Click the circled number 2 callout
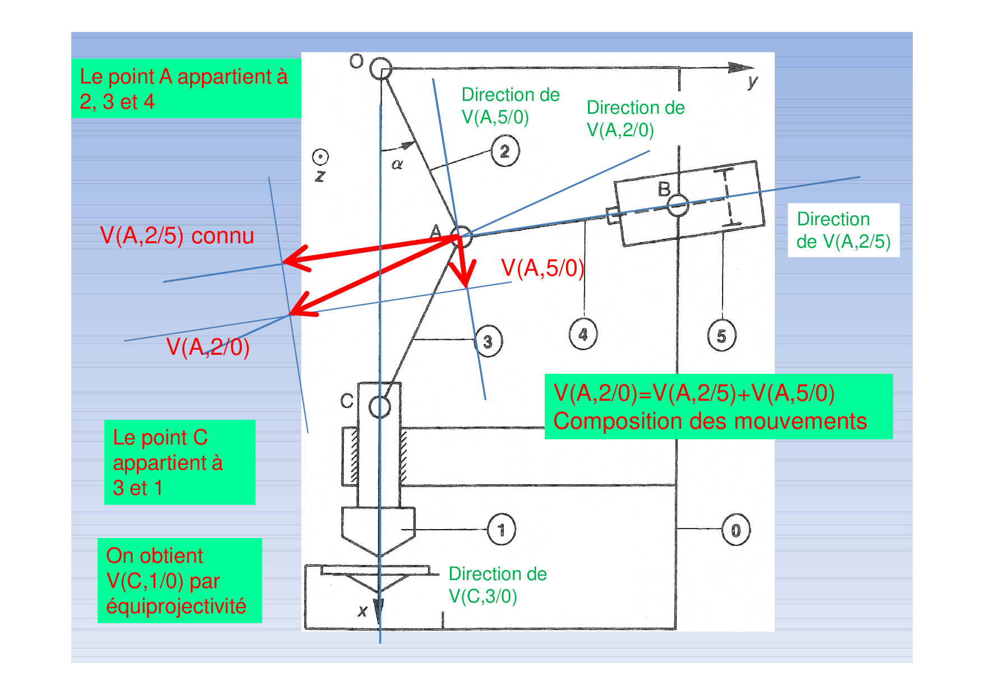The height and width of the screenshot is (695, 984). pos(505,151)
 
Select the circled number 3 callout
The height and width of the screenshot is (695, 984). pos(488,341)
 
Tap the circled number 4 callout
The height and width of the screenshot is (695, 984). pos(583,334)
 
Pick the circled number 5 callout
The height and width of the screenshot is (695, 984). pos(721,335)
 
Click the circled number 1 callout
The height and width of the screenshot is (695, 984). pos(501,529)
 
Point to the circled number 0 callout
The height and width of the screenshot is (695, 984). pos(735,530)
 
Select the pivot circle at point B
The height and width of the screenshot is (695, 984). pos(678,205)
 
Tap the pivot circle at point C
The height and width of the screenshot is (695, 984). pos(380,407)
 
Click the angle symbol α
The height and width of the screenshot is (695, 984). pos(397,164)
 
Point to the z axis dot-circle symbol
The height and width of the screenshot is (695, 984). pos(320,157)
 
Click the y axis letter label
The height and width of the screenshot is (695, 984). pos(752,82)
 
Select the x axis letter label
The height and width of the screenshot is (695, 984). pos(362,611)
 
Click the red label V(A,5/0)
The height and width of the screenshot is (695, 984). pos(542,268)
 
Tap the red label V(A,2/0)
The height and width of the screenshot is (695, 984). pos(208,347)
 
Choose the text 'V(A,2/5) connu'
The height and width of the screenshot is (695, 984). pos(177,236)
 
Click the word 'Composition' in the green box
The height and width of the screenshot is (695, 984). pos(613,421)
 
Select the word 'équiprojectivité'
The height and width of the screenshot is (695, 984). pos(176,606)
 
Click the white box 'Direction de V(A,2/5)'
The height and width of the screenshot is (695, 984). pos(843,230)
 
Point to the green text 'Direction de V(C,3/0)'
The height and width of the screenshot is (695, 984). pos(497,585)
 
